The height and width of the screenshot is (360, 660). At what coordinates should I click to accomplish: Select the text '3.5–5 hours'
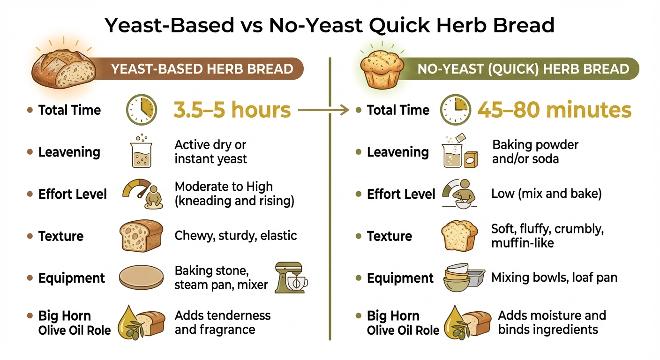click(232, 110)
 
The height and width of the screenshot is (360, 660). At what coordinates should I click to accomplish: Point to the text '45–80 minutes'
click(554, 110)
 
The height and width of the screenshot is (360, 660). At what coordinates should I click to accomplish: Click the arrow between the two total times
click(323, 111)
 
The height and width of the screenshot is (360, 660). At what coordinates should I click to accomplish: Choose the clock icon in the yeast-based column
click(141, 110)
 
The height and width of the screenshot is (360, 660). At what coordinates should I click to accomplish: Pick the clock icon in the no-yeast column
click(455, 110)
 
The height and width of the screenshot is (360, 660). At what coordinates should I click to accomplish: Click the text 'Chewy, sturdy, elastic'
click(236, 235)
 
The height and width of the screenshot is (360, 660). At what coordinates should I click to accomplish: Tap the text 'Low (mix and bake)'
click(546, 193)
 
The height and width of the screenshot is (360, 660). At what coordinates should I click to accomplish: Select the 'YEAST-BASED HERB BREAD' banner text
click(202, 69)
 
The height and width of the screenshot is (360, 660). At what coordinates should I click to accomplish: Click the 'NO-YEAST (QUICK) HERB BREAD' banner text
click(523, 69)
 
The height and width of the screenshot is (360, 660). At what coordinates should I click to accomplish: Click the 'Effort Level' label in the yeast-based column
click(73, 194)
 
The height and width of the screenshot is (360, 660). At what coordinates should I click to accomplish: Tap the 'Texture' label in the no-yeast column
click(390, 236)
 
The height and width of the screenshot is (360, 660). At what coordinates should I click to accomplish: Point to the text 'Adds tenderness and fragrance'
click(223, 322)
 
